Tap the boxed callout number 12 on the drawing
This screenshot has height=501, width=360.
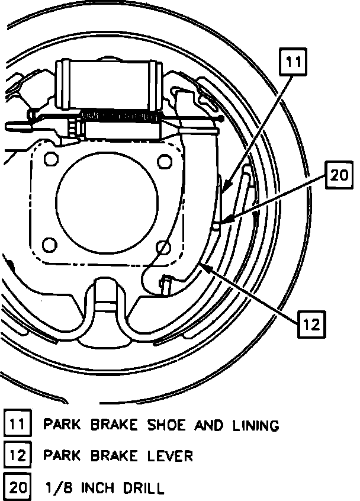pos(312,324)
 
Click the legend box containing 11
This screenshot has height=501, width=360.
pos(17,425)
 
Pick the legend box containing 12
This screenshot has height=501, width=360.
pos(17,455)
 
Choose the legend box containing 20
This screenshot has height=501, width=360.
pos(17,487)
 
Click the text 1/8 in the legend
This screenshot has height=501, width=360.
pos(57,487)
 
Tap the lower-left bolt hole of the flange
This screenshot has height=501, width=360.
pos(50,245)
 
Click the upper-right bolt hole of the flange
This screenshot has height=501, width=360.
pos(162,160)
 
